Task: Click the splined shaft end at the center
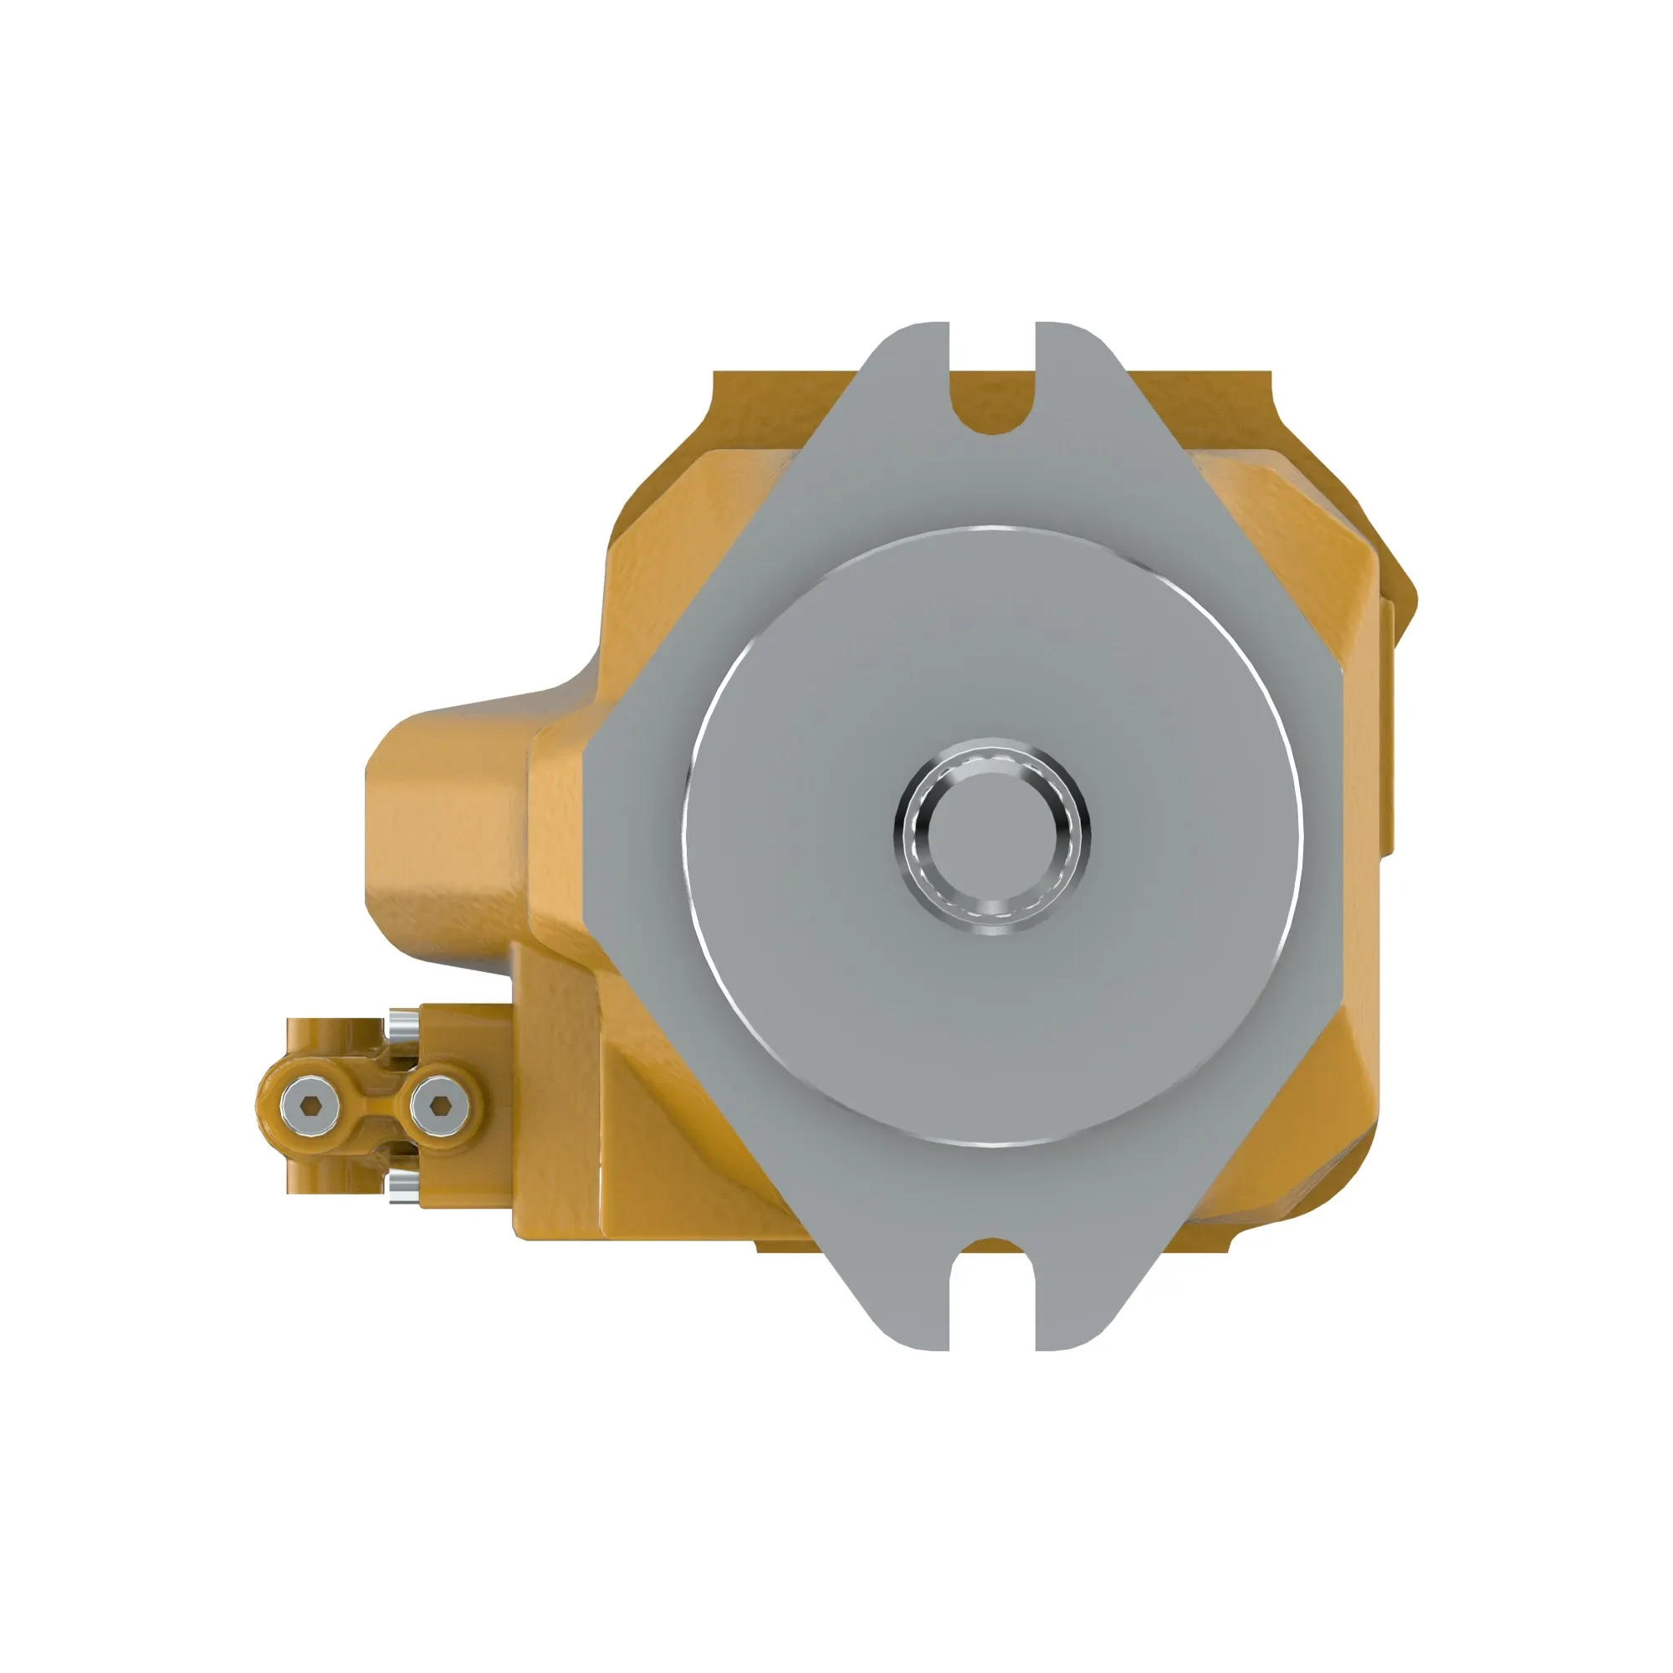992,836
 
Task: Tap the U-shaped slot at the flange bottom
992,1290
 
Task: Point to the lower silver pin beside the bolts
402,1185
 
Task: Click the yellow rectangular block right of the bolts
468,1039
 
